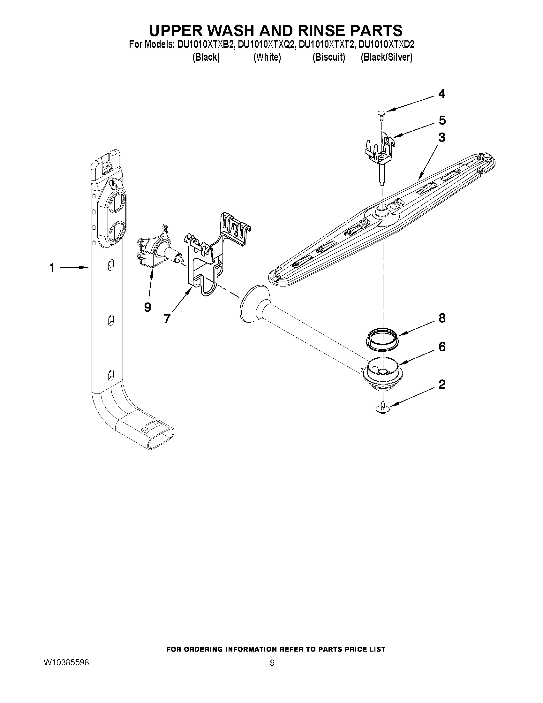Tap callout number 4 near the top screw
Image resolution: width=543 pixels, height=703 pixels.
(442, 94)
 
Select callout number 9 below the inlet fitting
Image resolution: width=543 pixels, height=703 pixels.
(148, 307)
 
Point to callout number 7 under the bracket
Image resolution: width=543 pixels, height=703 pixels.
(167, 318)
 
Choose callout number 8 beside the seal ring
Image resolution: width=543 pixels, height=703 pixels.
(442, 318)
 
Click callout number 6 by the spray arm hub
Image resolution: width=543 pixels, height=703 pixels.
(442, 347)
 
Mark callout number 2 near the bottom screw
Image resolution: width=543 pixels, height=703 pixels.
(442, 384)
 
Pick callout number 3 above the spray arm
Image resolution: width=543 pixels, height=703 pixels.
(442, 137)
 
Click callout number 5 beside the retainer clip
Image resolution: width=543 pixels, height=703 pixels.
(442, 120)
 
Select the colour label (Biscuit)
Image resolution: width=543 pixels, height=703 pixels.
(329, 57)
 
